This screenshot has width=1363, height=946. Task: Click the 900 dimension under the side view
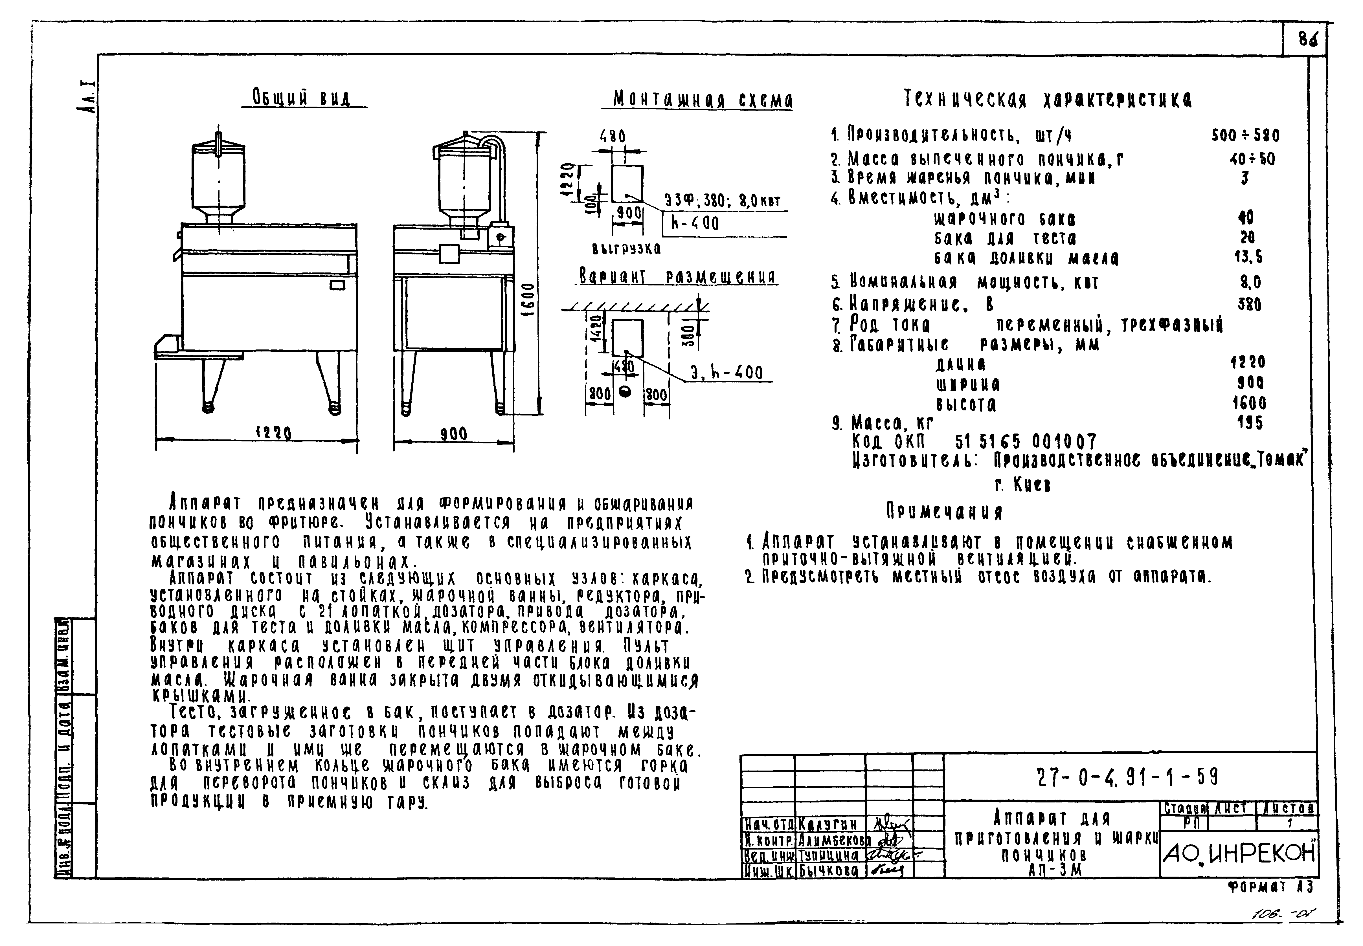coord(454,434)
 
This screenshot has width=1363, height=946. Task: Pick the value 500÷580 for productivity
coord(1245,136)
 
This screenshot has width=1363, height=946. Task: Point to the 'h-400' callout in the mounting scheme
coord(695,223)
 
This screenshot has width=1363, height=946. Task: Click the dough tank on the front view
coord(219,181)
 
